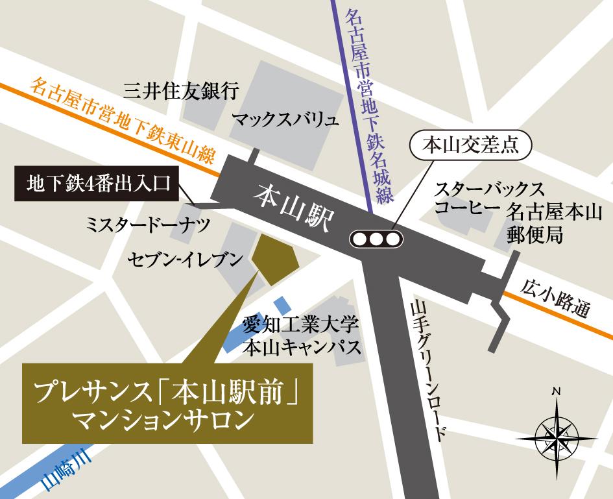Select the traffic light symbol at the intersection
pyautogui.click(x=376, y=238)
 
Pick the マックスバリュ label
pyautogui.click(x=285, y=119)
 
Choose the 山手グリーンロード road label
pyautogui.click(x=428, y=370)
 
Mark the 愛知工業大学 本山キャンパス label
pyautogui.click(x=300, y=335)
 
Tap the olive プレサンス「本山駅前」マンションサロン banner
pyautogui.click(x=168, y=404)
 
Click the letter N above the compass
pyautogui.click(x=556, y=391)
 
